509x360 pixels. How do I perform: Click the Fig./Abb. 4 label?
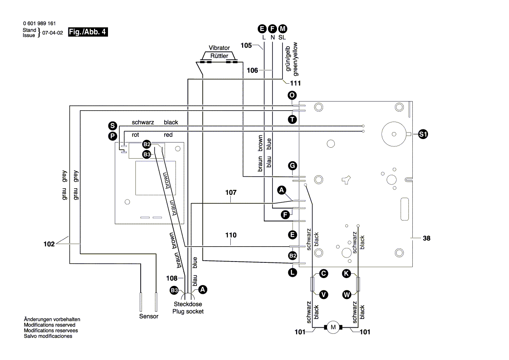coord(88,32)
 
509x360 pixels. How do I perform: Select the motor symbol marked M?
coord(334,327)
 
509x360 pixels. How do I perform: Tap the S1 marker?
coord(423,134)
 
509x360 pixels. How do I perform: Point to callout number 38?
coord(426,238)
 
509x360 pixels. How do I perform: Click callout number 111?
coord(296,83)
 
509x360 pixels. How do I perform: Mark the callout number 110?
coord(231,235)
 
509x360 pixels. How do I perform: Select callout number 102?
coord(49,244)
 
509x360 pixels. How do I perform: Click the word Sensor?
coord(148,316)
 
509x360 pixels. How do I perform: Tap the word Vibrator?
coord(219,48)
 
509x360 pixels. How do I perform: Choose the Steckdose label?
coord(188,304)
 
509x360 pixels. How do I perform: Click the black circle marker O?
coord(292,95)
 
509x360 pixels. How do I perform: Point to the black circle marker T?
coord(292,119)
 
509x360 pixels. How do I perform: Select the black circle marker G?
coord(292,166)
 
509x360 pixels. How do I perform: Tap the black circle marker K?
coord(346,273)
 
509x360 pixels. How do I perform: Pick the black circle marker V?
coord(324,295)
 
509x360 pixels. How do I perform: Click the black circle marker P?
coord(112,136)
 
